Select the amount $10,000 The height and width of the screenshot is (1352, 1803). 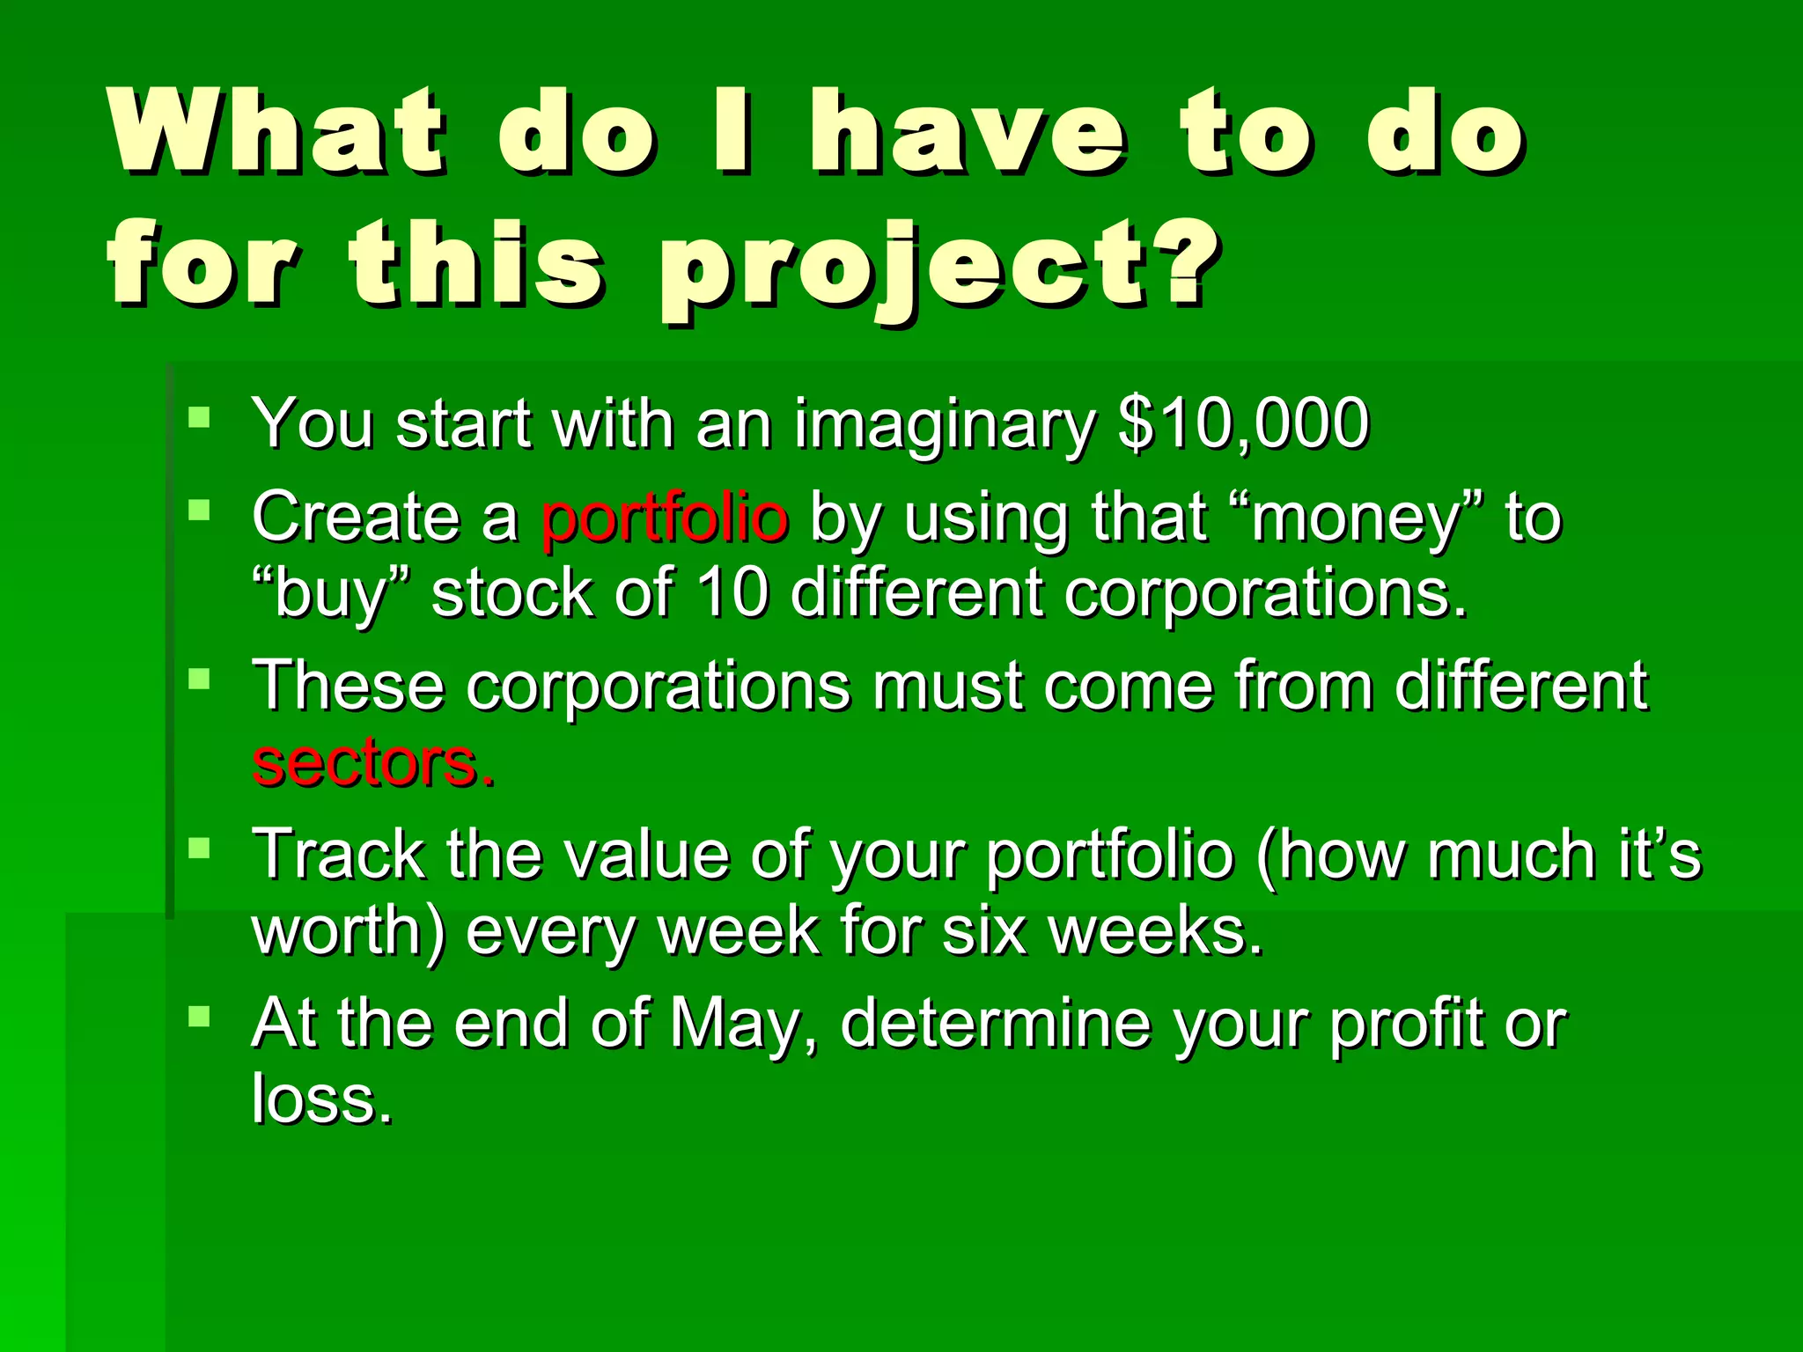[1243, 424]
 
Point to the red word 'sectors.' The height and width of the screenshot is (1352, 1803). [373, 762]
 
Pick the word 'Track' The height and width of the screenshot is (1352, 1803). [339, 854]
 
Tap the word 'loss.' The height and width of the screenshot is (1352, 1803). [321, 1099]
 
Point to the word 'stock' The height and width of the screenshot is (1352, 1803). [511, 593]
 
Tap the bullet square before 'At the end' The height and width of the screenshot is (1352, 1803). [200, 1017]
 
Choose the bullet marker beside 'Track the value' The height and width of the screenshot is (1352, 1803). [200, 847]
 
